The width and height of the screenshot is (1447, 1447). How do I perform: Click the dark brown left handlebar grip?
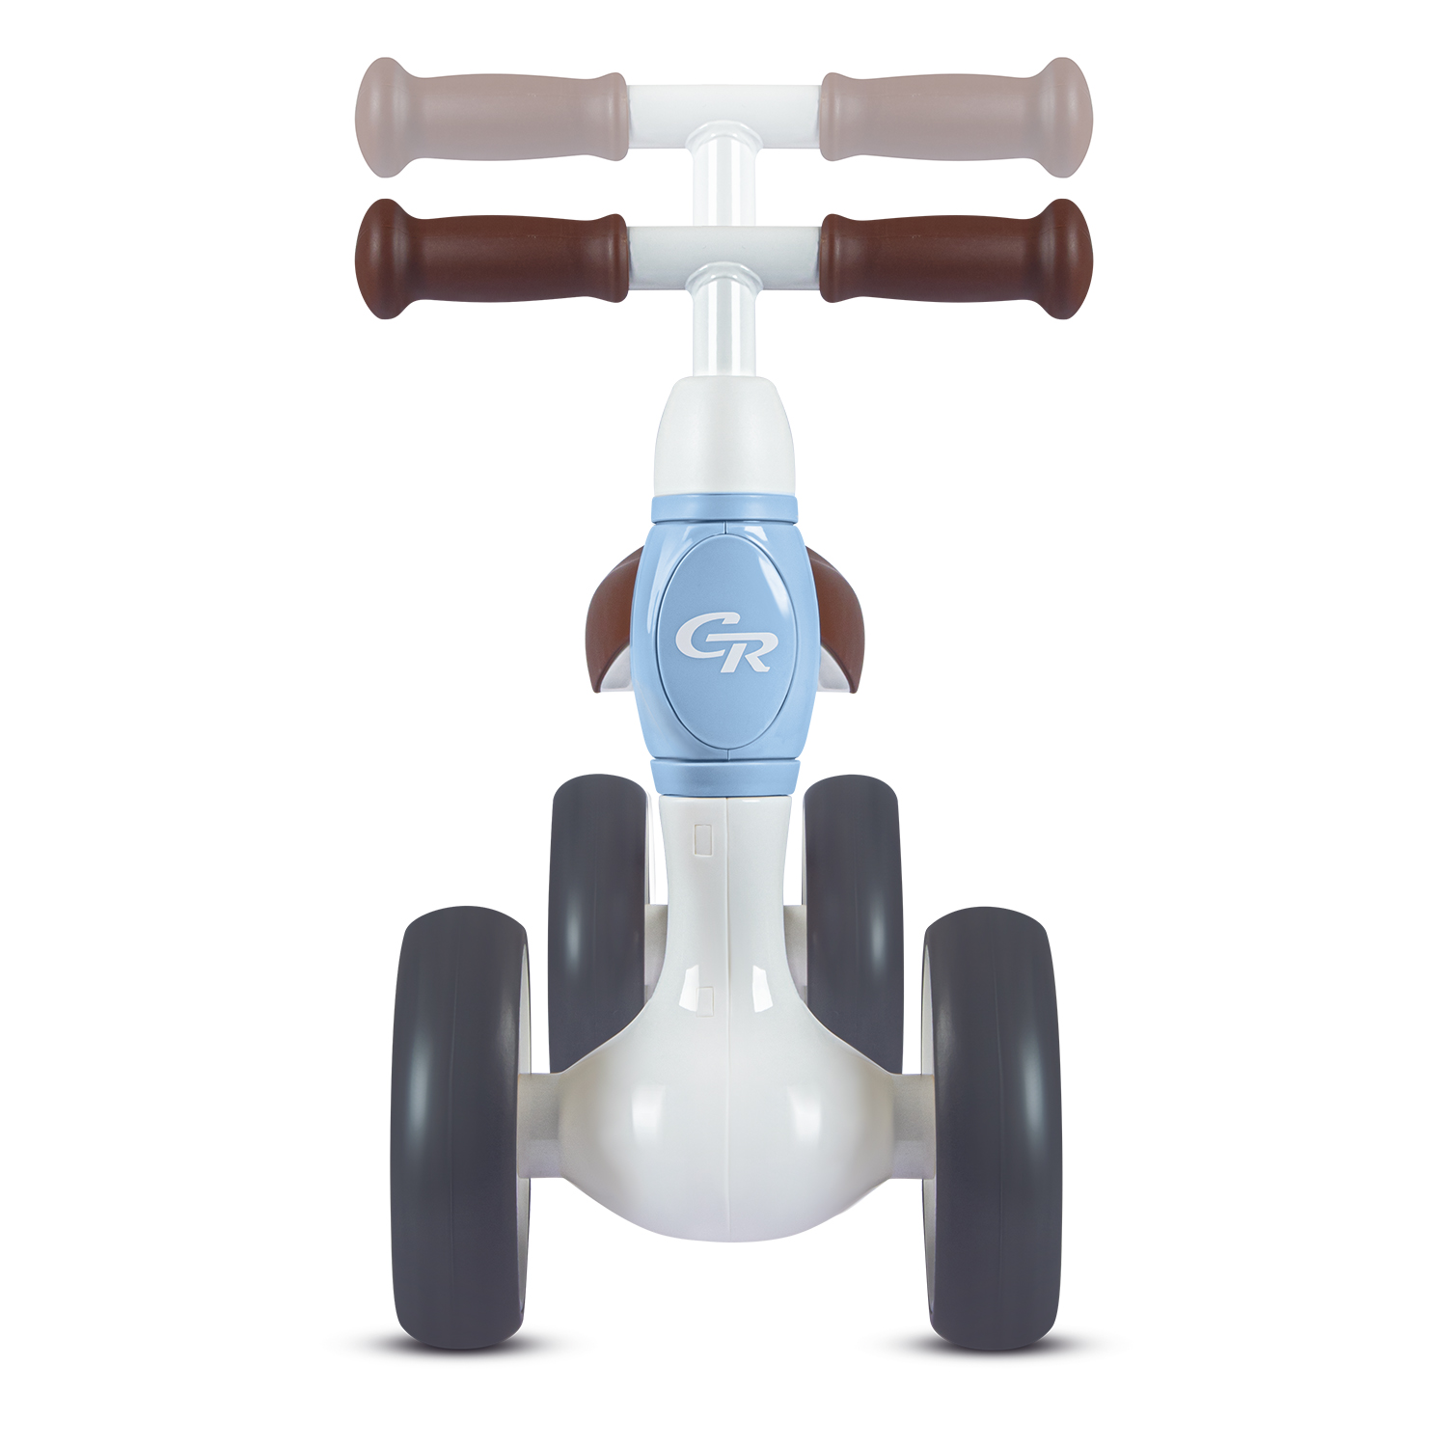pos(492,258)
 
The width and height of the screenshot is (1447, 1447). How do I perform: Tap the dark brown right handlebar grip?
pos(955,258)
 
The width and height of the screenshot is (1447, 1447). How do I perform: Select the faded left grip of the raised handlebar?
pos(492,117)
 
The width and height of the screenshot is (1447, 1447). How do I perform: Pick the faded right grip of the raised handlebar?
pos(955,117)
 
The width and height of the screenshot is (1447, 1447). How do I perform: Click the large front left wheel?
pos(461,1127)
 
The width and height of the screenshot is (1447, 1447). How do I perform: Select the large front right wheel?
pos(990,1127)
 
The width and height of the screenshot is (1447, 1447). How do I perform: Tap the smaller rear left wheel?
pos(597,921)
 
